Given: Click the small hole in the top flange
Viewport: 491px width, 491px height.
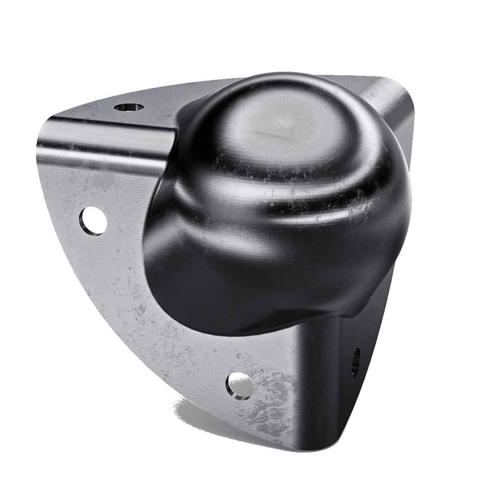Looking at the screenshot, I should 129,108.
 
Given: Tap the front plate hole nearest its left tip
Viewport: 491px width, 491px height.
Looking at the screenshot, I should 94,221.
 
